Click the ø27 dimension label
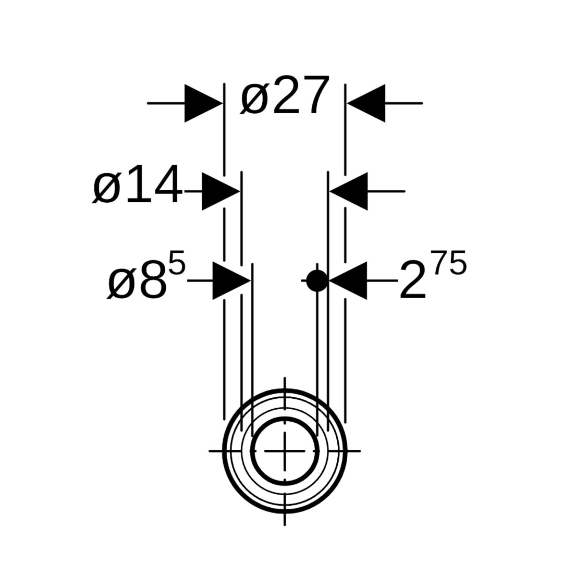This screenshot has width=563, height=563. tap(285, 96)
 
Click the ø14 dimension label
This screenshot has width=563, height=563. tap(137, 186)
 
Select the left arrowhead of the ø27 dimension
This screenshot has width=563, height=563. tap(204, 103)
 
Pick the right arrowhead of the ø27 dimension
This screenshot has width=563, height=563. tap(366, 103)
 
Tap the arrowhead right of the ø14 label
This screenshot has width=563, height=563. tap(221, 191)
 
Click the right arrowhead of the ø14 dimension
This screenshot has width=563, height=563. tap(349, 191)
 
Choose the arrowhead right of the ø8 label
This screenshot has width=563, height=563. tap(231, 280)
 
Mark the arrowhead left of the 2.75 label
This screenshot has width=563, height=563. tap(348, 280)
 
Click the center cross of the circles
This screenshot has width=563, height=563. tap(285, 450)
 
